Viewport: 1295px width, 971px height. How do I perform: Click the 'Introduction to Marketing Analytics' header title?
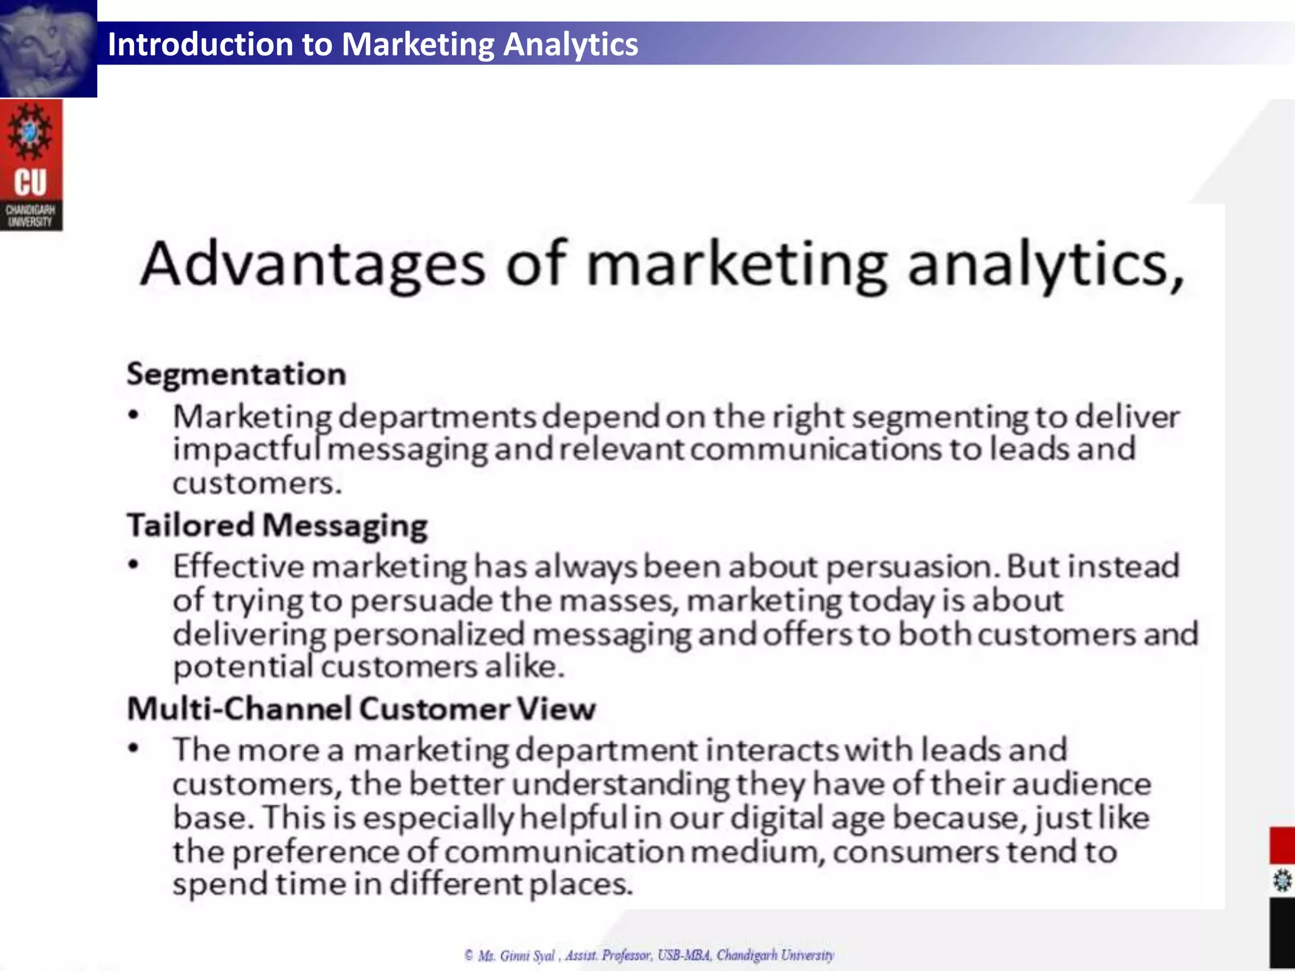(372, 44)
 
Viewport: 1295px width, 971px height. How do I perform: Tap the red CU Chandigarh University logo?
(31, 165)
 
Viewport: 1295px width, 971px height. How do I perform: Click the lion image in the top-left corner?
(48, 48)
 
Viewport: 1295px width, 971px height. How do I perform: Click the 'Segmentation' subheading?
(236, 374)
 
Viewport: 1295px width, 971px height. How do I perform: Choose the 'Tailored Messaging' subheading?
(277, 526)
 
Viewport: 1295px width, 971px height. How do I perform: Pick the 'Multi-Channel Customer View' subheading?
(361, 709)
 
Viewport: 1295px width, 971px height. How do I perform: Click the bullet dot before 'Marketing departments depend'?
(133, 415)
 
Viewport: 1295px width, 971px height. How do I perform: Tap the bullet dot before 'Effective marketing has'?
(133, 565)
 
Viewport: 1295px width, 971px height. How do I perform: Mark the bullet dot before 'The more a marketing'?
(133, 748)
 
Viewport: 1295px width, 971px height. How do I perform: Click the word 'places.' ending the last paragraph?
(580, 884)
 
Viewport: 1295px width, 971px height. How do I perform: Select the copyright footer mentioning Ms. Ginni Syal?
(649, 955)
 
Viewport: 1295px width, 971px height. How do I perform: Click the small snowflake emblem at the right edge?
(1282, 881)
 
